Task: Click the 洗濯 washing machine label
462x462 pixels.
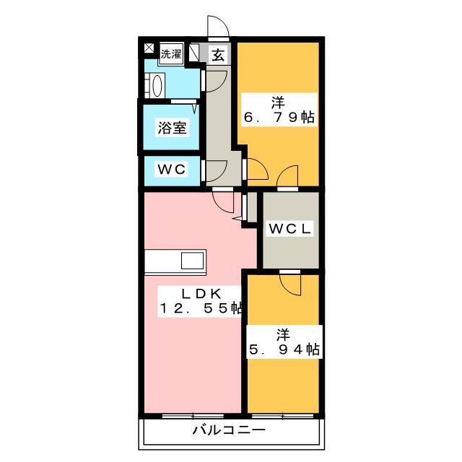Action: point(171,54)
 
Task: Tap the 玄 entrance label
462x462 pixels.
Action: point(218,55)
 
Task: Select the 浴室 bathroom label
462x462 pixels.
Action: point(172,128)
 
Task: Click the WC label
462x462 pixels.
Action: point(172,169)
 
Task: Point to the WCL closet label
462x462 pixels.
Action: point(290,229)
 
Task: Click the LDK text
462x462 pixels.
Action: point(201,294)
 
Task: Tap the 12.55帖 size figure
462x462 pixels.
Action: point(201,308)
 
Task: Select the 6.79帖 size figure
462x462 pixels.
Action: point(279,117)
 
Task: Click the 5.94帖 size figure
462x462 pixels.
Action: point(284,349)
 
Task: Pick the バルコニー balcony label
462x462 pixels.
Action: point(230,430)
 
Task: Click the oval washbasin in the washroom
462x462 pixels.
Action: point(157,86)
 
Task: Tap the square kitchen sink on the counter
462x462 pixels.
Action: point(192,261)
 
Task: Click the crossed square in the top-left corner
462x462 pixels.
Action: point(149,48)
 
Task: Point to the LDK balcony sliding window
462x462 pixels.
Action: point(193,416)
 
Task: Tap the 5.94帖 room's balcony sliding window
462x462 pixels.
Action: point(282,416)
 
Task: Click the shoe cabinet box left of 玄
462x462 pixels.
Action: point(194,53)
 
